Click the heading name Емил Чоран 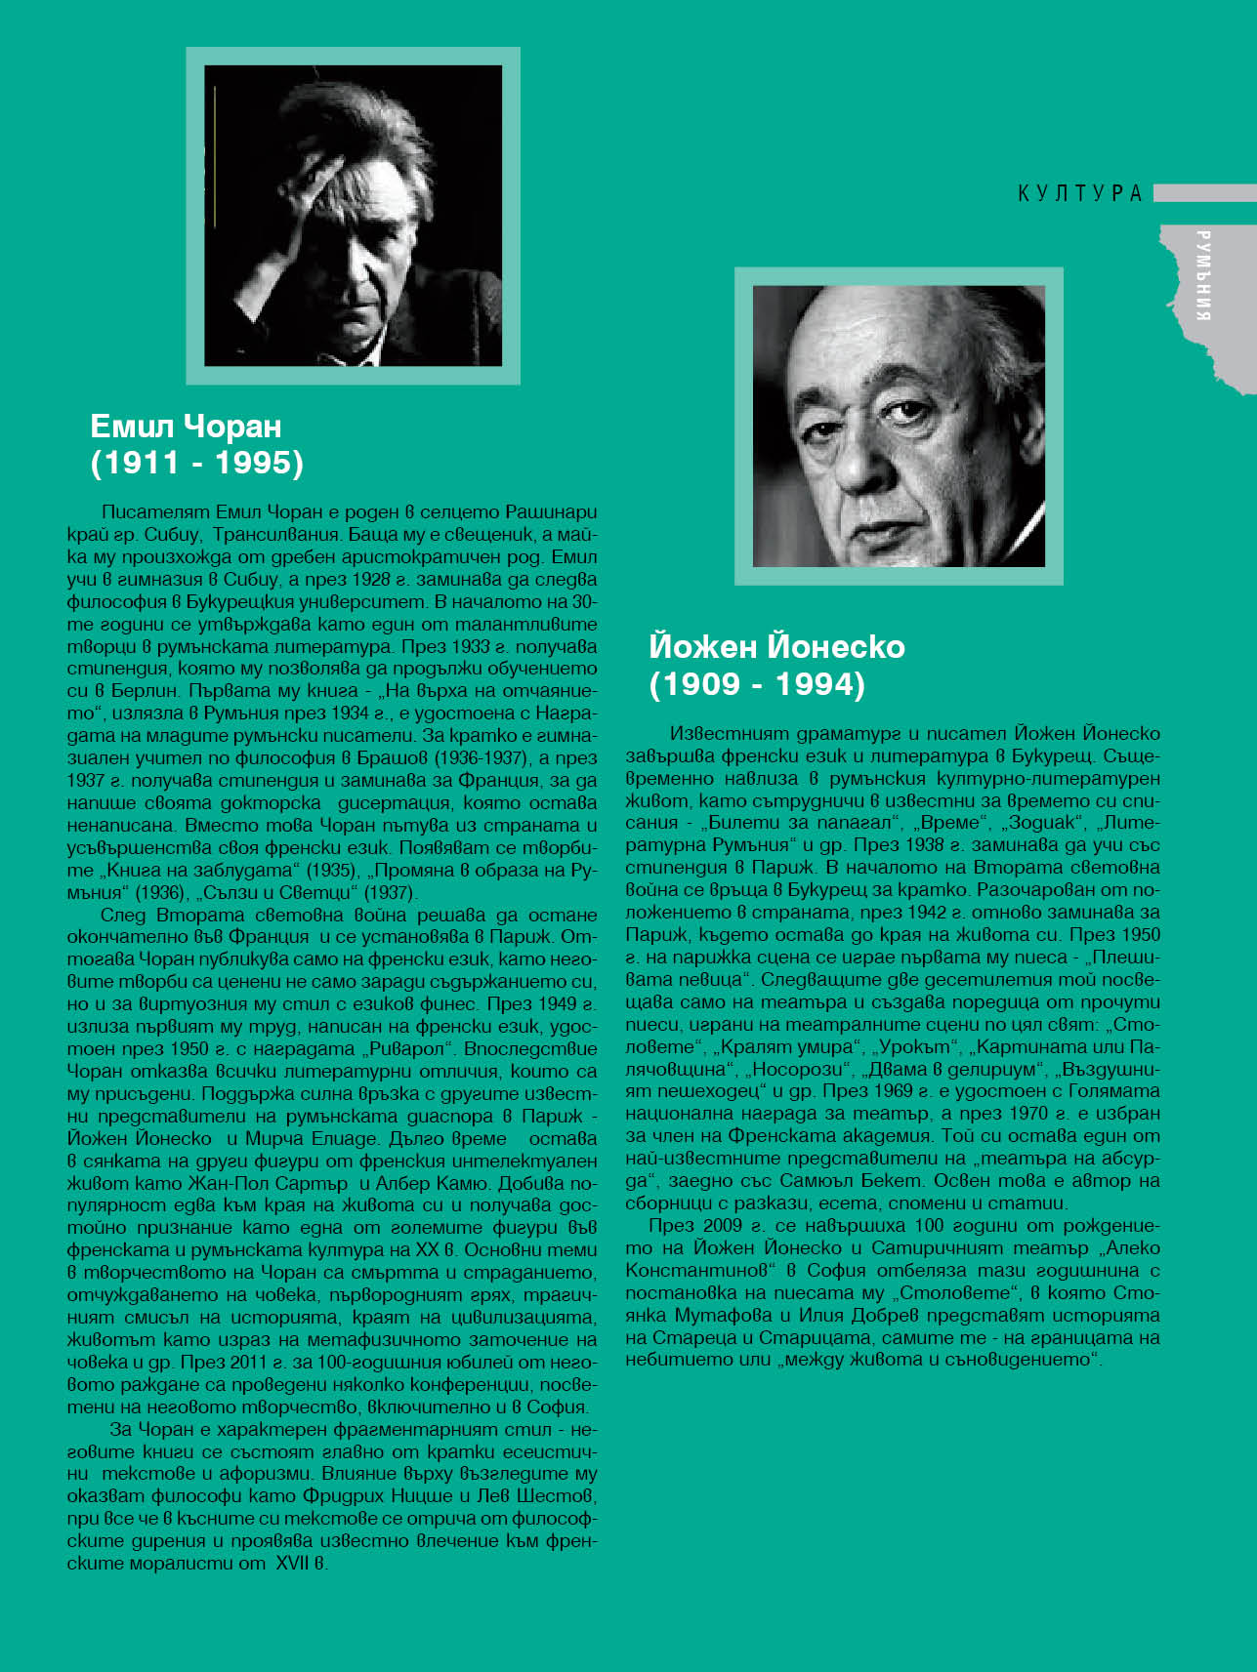click(x=186, y=426)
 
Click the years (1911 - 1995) click(x=196, y=463)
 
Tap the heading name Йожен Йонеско click(x=776, y=646)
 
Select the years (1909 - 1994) click(x=757, y=683)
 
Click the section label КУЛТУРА click(x=1080, y=193)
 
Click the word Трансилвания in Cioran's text click(x=275, y=535)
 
